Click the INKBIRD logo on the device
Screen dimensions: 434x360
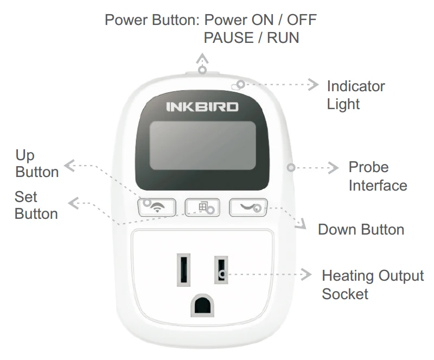(202, 106)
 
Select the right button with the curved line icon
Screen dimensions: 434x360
(248, 207)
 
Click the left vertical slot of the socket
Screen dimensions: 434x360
(182, 269)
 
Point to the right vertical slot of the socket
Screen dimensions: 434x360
(220, 269)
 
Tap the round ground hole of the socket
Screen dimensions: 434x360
(201, 306)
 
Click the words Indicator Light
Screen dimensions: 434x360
(355, 94)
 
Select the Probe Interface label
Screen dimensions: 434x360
(377, 176)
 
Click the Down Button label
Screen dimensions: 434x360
(361, 229)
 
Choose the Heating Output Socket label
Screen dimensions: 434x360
(372, 285)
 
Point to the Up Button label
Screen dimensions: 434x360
(36, 163)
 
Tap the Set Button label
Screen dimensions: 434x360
(36, 205)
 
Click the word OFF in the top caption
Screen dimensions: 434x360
(301, 20)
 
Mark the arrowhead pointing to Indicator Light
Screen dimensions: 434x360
(313, 84)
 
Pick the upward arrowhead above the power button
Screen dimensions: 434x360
(202, 58)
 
